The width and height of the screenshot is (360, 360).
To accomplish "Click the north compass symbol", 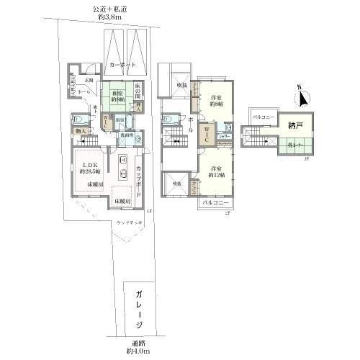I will (304, 98).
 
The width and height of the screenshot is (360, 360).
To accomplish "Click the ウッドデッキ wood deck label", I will (129, 222).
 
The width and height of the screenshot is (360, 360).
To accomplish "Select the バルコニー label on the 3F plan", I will (263, 116).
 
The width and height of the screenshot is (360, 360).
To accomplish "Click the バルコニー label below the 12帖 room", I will (215, 202).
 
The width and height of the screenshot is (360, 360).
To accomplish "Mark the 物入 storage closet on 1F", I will (81, 132).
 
